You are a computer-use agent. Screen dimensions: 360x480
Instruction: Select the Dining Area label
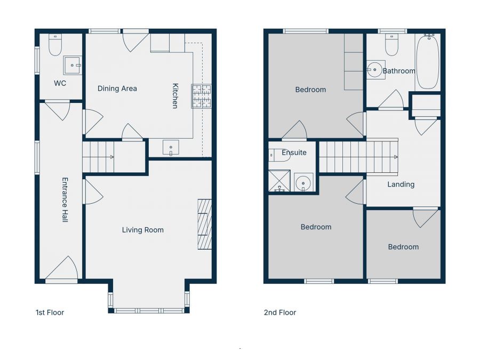point(117,89)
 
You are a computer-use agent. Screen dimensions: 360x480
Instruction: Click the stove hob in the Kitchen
point(202,96)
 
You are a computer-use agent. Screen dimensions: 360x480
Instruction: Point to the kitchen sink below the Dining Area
point(171,148)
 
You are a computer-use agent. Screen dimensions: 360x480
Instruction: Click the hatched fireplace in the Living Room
point(205,224)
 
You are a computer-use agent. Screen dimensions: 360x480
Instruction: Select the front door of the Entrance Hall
point(62,270)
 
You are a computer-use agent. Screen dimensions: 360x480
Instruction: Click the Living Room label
point(143,230)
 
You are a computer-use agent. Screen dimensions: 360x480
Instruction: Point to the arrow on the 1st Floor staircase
point(111,157)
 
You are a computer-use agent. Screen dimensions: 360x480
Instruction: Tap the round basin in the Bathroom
point(375,69)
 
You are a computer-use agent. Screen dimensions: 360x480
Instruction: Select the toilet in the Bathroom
point(391,46)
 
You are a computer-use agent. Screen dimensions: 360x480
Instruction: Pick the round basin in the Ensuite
point(303,183)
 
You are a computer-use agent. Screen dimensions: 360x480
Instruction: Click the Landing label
point(401,185)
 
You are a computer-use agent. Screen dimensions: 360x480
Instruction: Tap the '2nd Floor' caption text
point(280,313)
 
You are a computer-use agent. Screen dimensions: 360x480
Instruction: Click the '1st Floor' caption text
point(50,313)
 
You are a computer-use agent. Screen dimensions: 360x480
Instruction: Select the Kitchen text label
point(174,95)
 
